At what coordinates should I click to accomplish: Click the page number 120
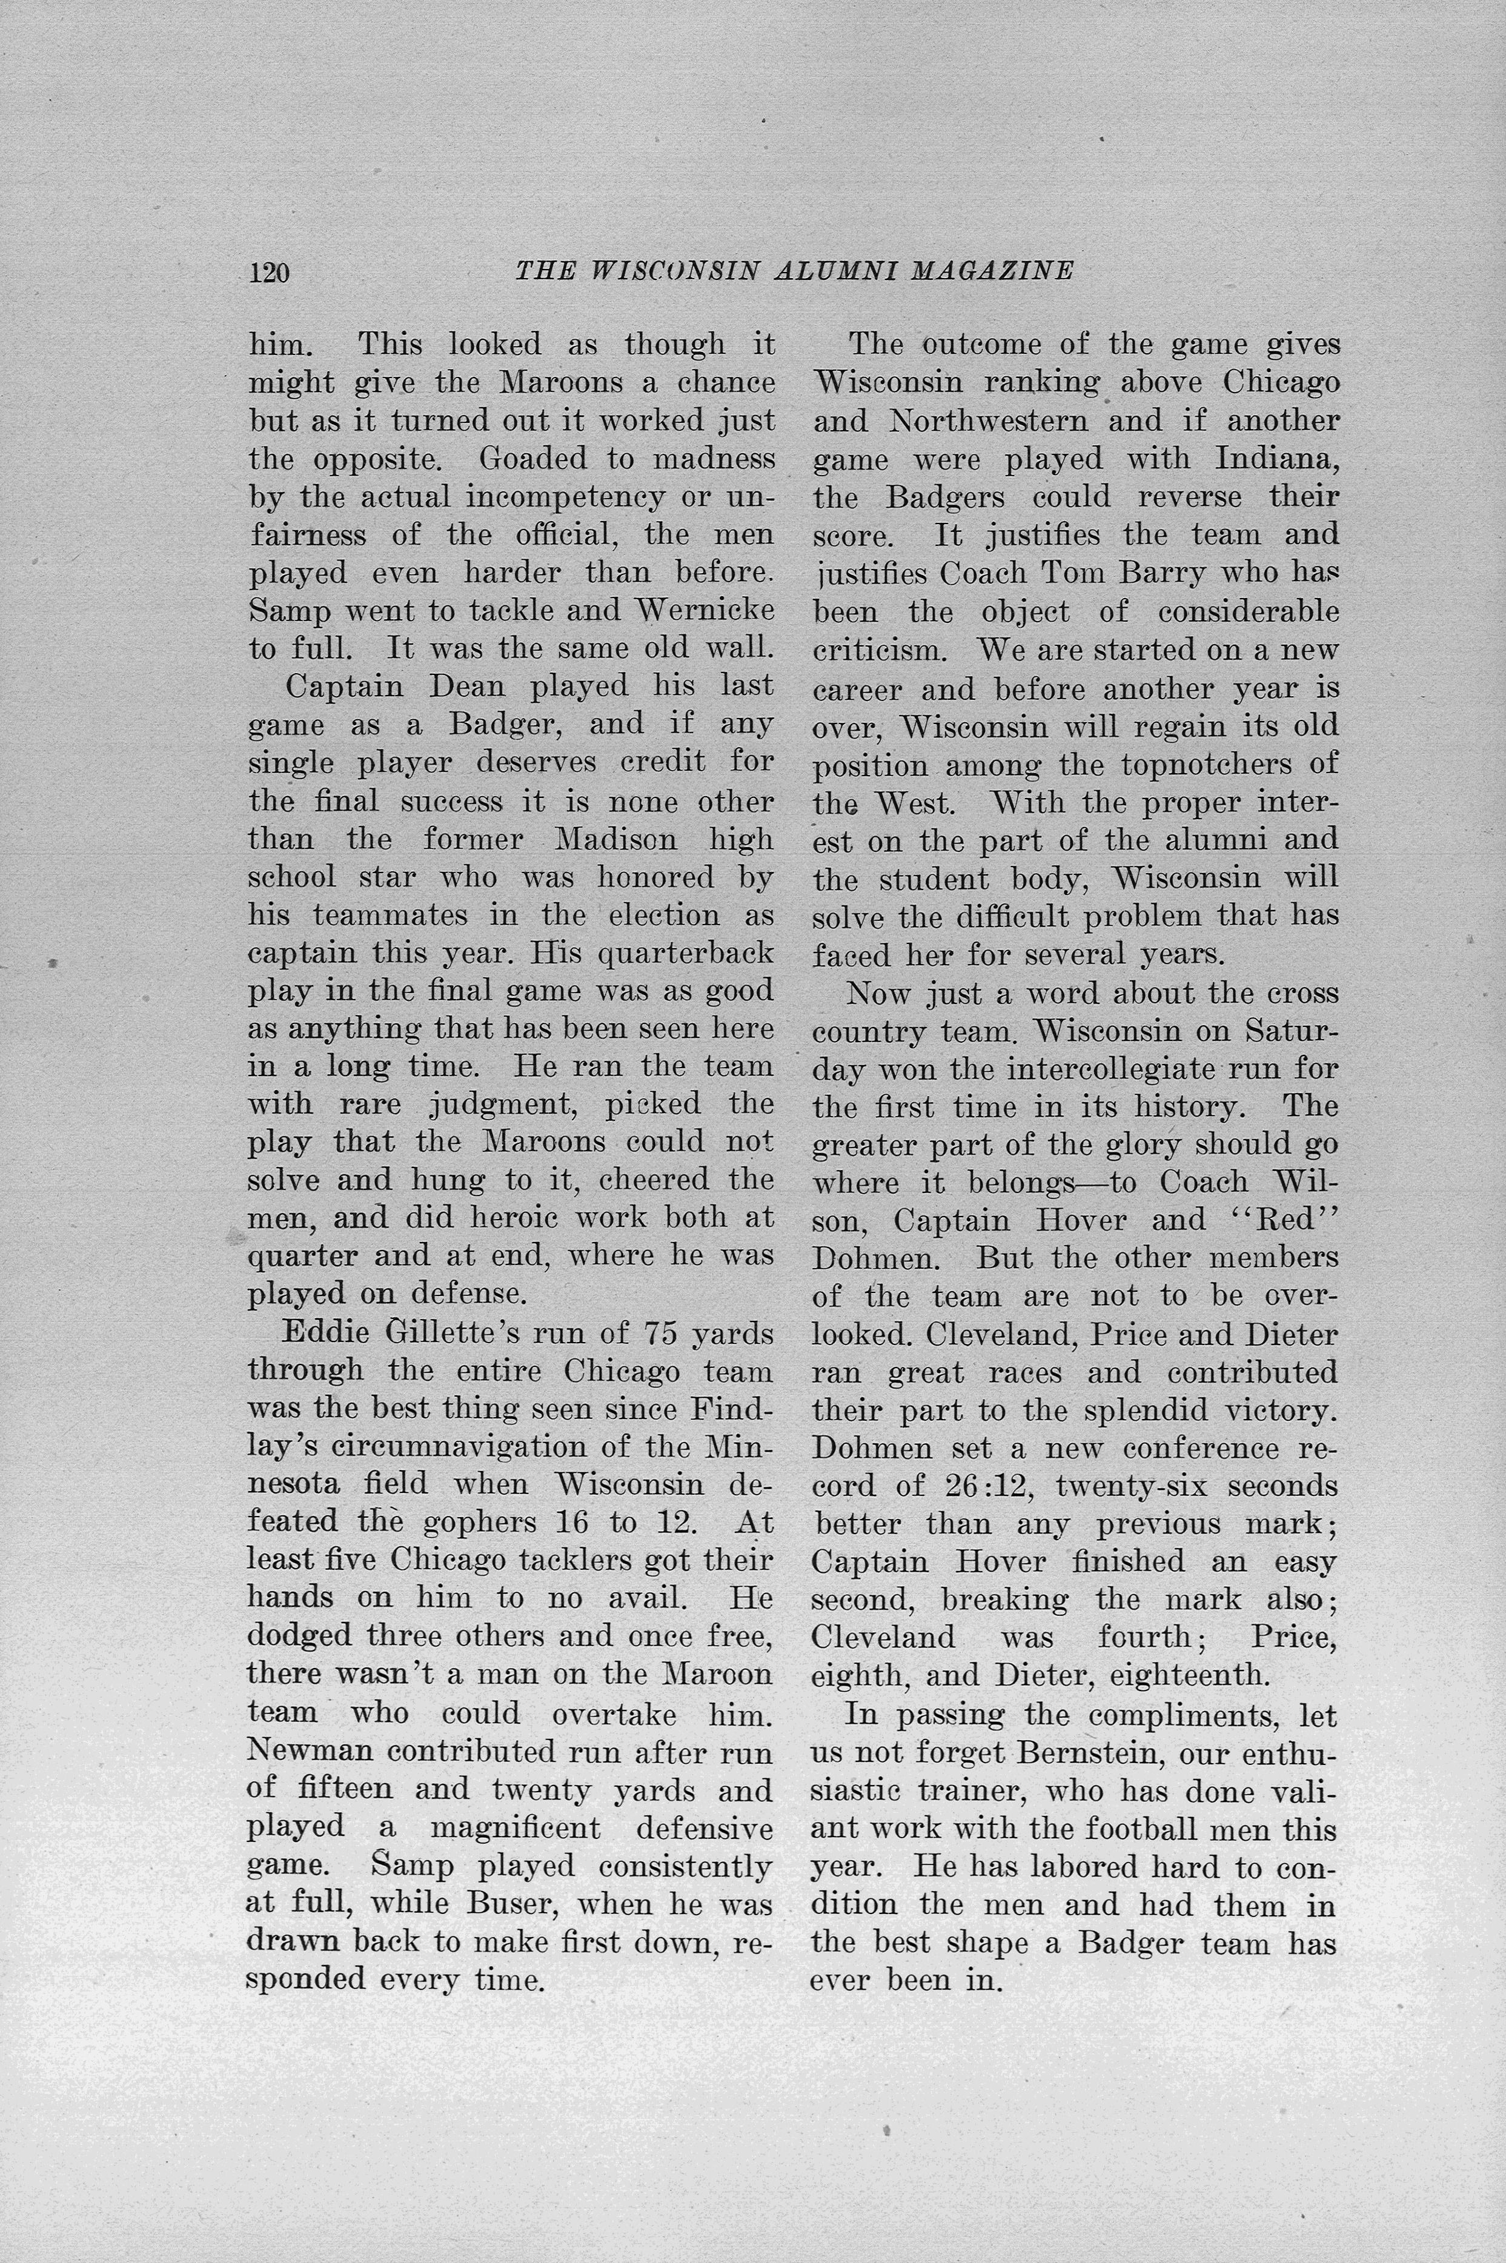(269, 273)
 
